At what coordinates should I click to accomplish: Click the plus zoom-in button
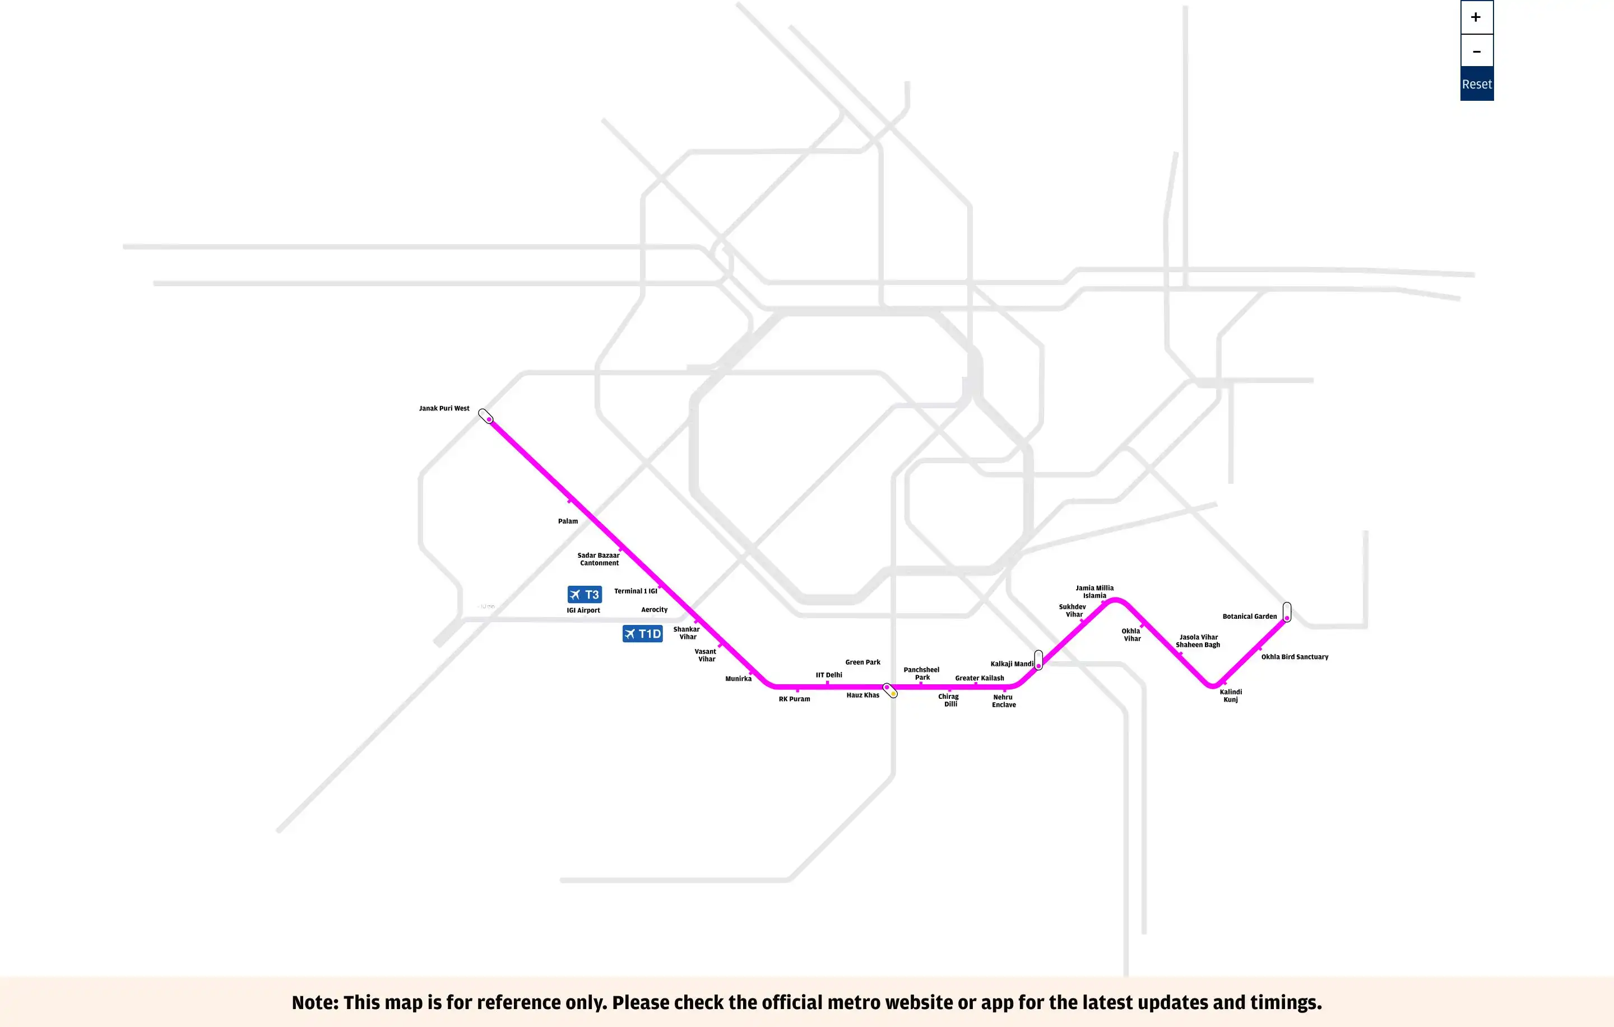(x=1476, y=17)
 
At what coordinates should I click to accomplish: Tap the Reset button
(x=1477, y=85)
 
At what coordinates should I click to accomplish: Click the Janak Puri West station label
(x=444, y=408)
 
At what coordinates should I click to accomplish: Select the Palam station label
(x=568, y=521)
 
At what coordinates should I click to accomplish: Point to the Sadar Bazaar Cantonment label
(x=599, y=559)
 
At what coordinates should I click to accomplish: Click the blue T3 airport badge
(x=585, y=594)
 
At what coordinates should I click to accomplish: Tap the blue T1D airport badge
(x=642, y=634)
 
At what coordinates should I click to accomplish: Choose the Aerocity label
(x=654, y=610)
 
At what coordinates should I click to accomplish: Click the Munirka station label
(x=738, y=679)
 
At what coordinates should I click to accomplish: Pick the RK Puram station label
(x=794, y=699)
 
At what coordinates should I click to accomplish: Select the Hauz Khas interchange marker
(x=890, y=690)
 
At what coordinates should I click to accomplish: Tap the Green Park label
(x=862, y=662)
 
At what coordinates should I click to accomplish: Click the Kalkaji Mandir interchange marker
(x=1038, y=660)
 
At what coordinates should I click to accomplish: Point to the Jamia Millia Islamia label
(x=1094, y=591)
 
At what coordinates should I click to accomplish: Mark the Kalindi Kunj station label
(x=1231, y=695)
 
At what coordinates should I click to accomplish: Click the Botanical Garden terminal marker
(x=1287, y=611)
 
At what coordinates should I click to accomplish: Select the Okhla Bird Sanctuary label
(x=1295, y=656)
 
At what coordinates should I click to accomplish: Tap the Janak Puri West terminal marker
(x=485, y=416)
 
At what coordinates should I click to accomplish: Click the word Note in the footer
(x=314, y=1002)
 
